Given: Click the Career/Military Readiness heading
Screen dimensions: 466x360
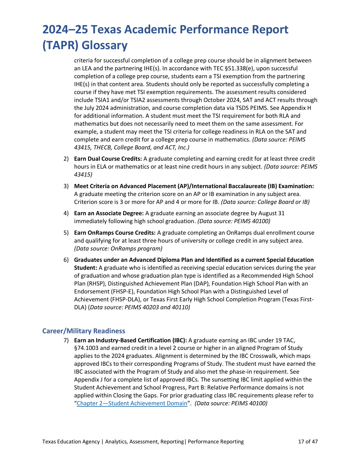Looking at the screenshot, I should [84, 331].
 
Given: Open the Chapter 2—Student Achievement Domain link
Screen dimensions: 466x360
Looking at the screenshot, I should [132, 403].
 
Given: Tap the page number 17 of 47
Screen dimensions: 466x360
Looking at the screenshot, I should [308, 441].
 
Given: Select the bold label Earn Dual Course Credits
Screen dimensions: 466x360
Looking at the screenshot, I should [108, 159].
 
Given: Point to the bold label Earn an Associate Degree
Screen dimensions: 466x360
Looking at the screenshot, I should [109, 213].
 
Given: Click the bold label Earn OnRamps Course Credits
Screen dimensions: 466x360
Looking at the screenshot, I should [115, 233].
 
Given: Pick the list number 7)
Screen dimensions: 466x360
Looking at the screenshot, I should [66, 340].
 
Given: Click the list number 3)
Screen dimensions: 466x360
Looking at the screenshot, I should [66, 186].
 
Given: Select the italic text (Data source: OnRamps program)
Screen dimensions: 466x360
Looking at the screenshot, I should [118, 249].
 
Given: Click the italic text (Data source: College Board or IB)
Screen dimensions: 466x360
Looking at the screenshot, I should [265, 202].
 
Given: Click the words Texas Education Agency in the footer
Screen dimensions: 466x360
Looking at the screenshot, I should [71, 441].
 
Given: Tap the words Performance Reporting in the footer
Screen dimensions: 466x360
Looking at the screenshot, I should [216, 441].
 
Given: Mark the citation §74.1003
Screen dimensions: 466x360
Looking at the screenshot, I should [86, 348].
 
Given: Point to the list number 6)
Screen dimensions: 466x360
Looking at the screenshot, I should [66, 260].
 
